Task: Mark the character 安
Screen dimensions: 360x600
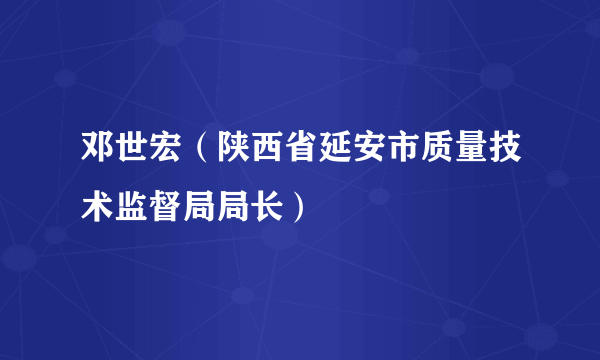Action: [x=372, y=157]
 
